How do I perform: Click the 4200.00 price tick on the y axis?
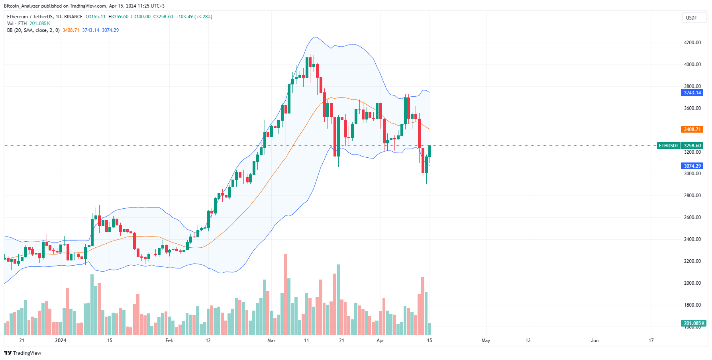(x=692, y=43)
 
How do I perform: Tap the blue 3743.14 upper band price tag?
(x=692, y=93)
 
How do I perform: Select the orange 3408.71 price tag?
(x=692, y=129)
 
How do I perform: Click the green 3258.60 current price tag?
(x=692, y=146)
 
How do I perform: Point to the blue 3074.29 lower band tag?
(x=692, y=166)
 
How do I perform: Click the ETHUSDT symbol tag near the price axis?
(x=668, y=146)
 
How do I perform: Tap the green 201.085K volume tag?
(x=694, y=323)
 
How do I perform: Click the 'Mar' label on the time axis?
(x=271, y=340)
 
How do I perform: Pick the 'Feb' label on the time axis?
(x=169, y=340)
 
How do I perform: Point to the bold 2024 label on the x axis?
(x=61, y=340)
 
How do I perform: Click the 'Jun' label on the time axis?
(x=594, y=340)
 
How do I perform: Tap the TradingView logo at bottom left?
(x=23, y=353)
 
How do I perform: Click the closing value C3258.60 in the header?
(x=163, y=17)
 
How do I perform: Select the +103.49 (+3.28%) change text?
(x=194, y=17)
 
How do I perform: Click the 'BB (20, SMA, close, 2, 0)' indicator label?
(x=33, y=30)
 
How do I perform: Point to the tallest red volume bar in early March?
(x=285, y=295)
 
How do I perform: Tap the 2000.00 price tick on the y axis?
(x=692, y=283)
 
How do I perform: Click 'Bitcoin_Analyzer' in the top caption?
(x=22, y=6)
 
